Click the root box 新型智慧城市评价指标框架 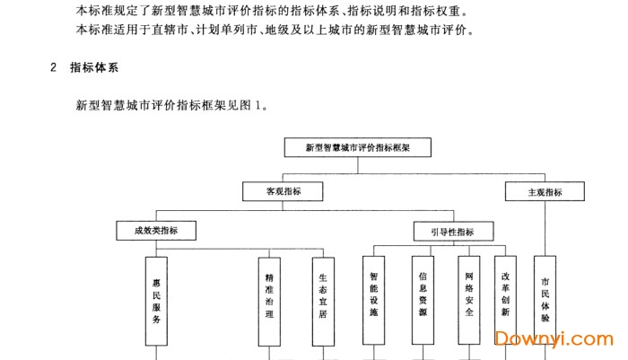click(356, 145)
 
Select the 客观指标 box click(283, 191)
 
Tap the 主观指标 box click(545, 191)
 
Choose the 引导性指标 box click(452, 232)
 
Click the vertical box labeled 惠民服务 click(156, 301)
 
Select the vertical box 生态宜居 click(323, 301)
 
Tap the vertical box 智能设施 click(373, 301)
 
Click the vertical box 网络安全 click(469, 301)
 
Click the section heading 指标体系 click(95, 67)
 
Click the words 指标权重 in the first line click(440, 12)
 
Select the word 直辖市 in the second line click(160, 31)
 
